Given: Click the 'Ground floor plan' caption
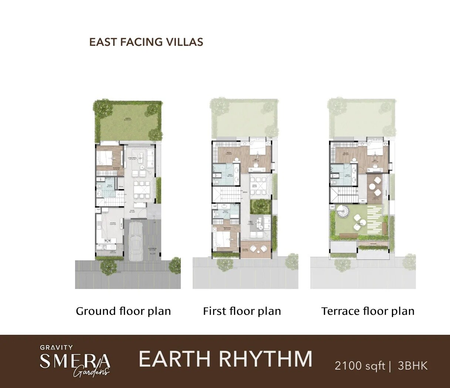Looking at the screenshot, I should (x=123, y=311).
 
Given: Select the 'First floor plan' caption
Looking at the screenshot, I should (x=242, y=311).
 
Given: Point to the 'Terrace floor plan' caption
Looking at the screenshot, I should (x=368, y=311).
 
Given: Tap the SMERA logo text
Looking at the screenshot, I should (x=75, y=360).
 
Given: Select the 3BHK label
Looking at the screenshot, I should (x=413, y=366).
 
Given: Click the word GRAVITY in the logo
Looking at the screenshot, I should (x=56, y=347).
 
